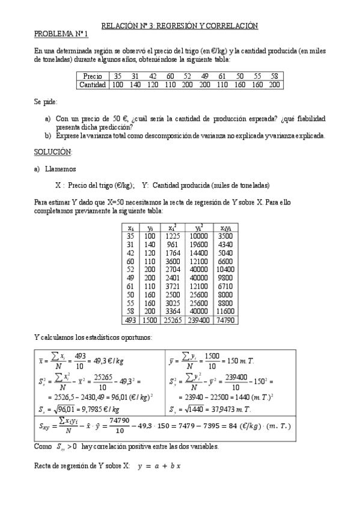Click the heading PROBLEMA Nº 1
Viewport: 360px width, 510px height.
61,34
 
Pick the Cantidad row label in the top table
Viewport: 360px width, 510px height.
93,85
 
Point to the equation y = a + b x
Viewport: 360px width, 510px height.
160,466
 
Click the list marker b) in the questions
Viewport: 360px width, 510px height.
48,135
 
